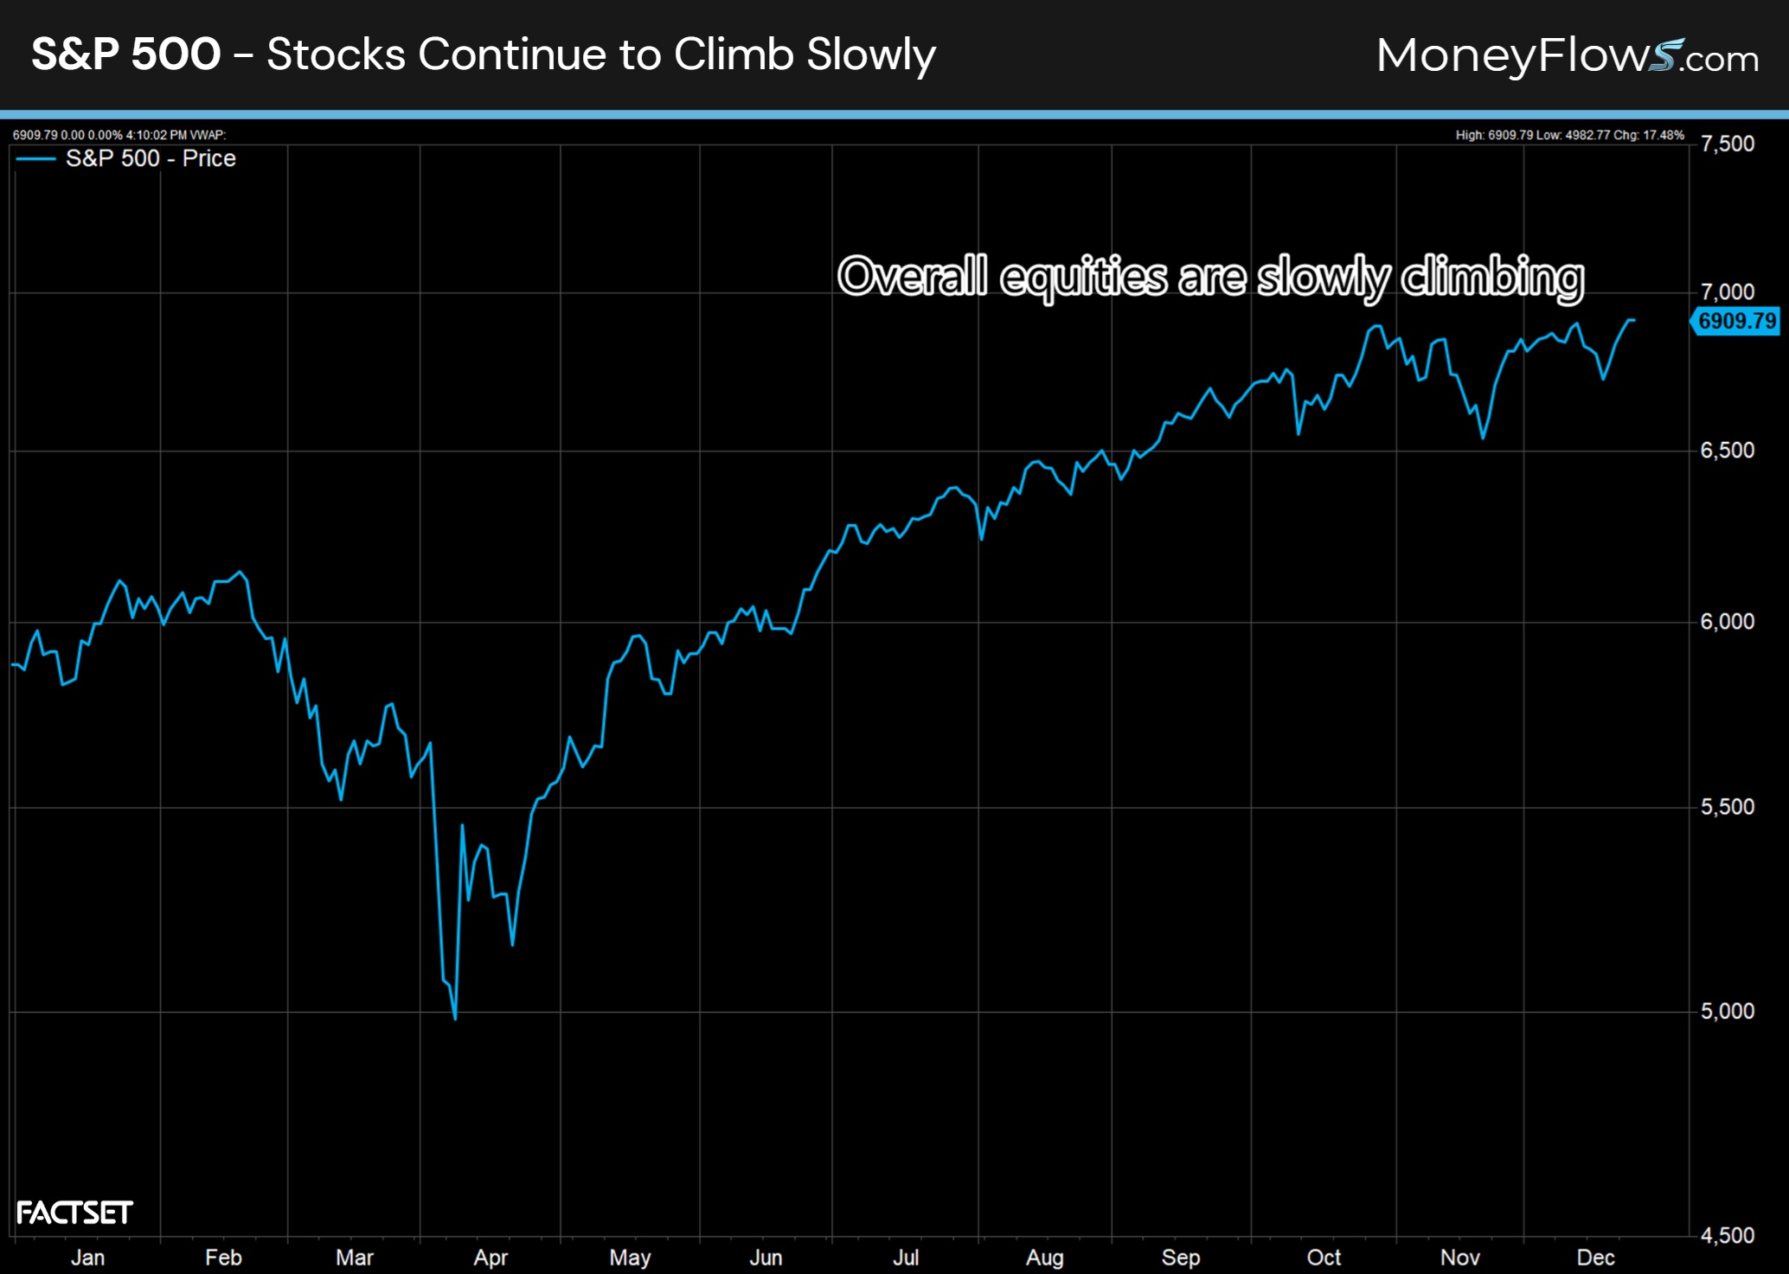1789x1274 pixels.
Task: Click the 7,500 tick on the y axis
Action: [1727, 144]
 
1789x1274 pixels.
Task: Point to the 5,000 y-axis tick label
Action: [1727, 1011]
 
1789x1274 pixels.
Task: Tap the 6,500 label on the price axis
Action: [1727, 451]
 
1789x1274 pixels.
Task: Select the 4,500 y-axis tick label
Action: [1727, 1236]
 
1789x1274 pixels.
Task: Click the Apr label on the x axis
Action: [491, 1258]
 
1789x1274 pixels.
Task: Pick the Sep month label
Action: [1180, 1258]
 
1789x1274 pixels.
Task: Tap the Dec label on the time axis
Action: [1595, 1258]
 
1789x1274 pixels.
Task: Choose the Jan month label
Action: [87, 1258]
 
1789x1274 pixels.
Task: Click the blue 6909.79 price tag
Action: [1735, 321]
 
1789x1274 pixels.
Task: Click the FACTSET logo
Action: [74, 1213]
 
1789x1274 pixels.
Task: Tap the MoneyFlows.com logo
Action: [1567, 55]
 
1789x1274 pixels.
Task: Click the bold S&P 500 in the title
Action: [126, 54]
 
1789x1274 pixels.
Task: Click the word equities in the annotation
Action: [1083, 277]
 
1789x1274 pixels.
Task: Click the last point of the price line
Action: [1633, 321]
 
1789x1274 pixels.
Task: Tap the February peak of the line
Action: [241, 572]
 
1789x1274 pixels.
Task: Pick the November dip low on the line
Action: [1483, 438]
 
